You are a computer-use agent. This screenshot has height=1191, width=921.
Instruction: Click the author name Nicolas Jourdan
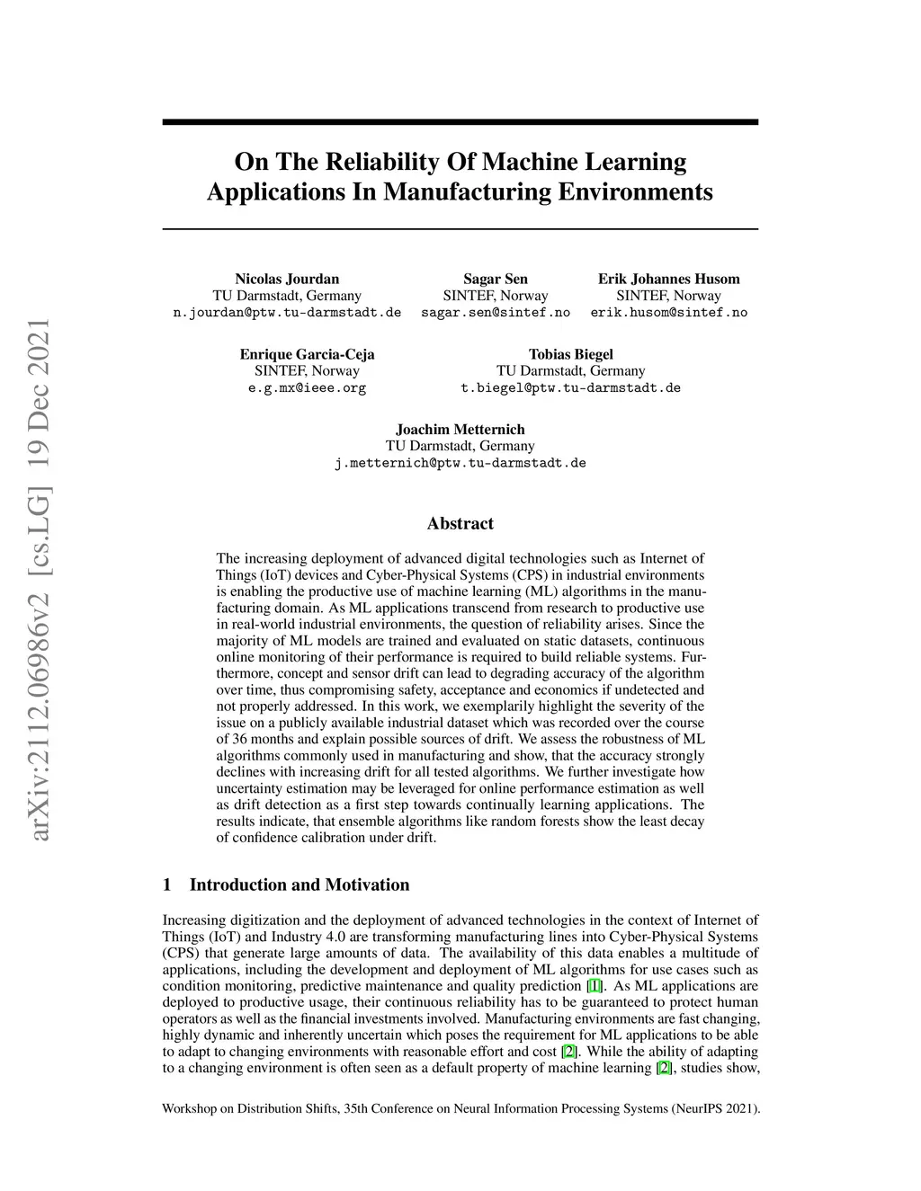[x=287, y=279]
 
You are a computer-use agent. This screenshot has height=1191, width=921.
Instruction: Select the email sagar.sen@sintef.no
[x=496, y=313]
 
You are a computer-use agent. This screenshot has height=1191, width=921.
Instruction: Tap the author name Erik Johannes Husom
[x=668, y=279]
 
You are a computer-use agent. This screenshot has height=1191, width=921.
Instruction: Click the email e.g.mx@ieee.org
[x=307, y=388]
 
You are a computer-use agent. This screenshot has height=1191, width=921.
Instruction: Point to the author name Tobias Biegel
[x=570, y=354]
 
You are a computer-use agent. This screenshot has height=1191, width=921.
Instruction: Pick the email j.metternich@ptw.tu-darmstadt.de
[x=460, y=464]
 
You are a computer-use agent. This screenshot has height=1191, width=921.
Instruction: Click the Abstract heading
[x=460, y=523]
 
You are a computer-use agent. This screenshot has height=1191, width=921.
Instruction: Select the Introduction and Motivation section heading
[x=299, y=884]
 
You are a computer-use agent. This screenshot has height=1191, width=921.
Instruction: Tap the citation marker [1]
[x=595, y=986]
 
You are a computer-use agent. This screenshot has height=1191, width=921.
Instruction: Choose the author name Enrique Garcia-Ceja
[x=307, y=354]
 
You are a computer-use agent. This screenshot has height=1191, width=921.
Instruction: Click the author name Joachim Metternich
[x=460, y=430]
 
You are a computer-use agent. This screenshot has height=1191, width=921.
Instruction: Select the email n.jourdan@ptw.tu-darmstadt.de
[x=287, y=313]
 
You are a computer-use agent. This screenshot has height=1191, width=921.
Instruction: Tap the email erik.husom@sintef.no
[x=668, y=313]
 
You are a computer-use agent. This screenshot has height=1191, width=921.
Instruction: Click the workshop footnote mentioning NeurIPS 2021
[x=460, y=1108]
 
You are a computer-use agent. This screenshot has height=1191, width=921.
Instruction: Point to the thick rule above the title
[x=460, y=121]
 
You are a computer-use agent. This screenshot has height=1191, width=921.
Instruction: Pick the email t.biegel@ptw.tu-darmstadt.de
[x=570, y=388]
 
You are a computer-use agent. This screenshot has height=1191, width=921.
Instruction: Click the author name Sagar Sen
[x=496, y=279]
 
